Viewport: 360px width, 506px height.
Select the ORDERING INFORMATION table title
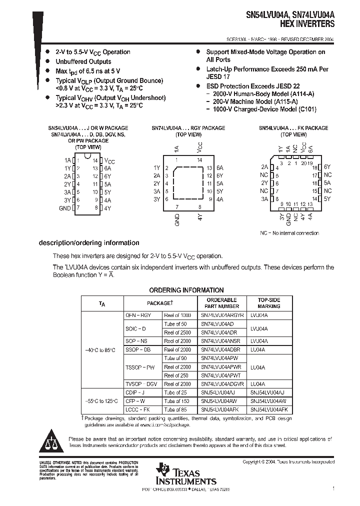pos(186,290)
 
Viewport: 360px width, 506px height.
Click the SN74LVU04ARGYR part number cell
pos(222,315)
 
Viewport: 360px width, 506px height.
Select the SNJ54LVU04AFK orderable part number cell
pos(222,409)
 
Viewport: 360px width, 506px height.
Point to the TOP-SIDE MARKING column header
pos(269,303)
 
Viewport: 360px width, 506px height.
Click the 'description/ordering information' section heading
pos(89,243)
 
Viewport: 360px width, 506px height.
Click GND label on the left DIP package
pos(64,208)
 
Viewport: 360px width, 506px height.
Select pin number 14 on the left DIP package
pos(94,160)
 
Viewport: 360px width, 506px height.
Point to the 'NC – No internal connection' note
pos(289,233)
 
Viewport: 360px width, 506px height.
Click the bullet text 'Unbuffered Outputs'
pos(83,61)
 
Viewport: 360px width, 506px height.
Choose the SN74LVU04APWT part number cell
pos(222,375)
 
